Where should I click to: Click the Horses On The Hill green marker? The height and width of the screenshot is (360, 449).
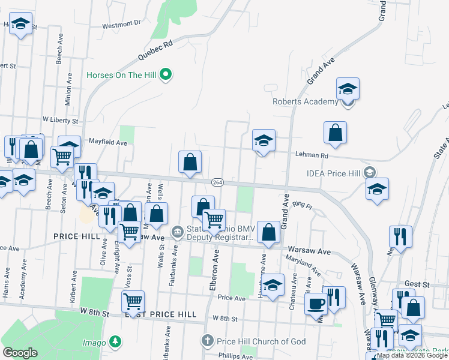(168, 75)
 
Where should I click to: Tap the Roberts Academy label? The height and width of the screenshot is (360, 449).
(305, 101)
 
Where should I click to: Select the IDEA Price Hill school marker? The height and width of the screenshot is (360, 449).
(370, 173)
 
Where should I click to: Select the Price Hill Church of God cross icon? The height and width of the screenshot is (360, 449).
(207, 341)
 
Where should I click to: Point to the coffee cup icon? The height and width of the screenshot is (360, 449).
(316, 303)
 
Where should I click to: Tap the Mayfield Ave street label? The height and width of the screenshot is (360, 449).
(108, 143)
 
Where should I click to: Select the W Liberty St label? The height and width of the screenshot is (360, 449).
(60, 121)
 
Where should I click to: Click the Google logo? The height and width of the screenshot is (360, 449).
(20, 353)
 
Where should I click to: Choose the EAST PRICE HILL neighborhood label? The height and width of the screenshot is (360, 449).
(160, 314)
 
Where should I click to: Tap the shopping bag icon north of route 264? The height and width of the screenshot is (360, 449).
(190, 162)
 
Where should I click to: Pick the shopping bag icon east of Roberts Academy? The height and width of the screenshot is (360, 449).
(335, 133)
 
